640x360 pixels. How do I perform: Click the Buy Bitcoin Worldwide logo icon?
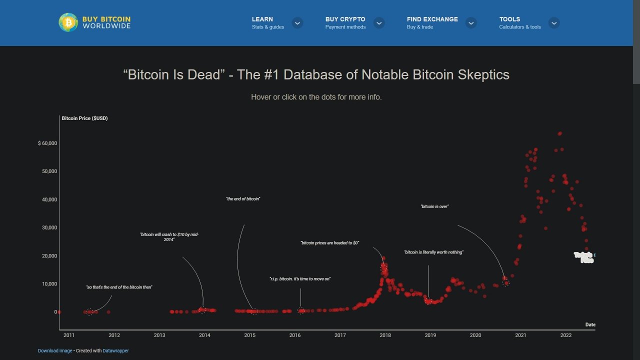(68, 22)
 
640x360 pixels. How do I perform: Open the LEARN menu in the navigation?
(262, 19)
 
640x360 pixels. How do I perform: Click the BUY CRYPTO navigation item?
(345, 19)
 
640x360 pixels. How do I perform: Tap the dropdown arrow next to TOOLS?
(553, 23)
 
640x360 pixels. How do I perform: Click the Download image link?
(55, 350)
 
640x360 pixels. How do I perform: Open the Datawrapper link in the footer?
(115, 350)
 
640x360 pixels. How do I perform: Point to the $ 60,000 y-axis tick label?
(47, 143)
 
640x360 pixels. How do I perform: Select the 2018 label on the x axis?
(385, 335)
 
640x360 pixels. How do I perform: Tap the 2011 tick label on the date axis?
(69, 335)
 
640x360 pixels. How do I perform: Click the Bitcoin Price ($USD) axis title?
(84, 118)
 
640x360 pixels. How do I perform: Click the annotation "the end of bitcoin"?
(243, 199)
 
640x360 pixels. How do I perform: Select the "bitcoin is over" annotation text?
(434, 206)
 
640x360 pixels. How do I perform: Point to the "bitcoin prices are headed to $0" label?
(329, 243)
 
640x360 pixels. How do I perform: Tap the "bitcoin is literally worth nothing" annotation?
(433, 252)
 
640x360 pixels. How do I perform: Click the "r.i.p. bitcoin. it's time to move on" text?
(300, 279)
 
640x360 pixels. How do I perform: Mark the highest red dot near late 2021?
(560, 133)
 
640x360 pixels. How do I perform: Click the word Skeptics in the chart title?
(483, 75)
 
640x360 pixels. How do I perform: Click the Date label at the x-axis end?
(590, 325)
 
